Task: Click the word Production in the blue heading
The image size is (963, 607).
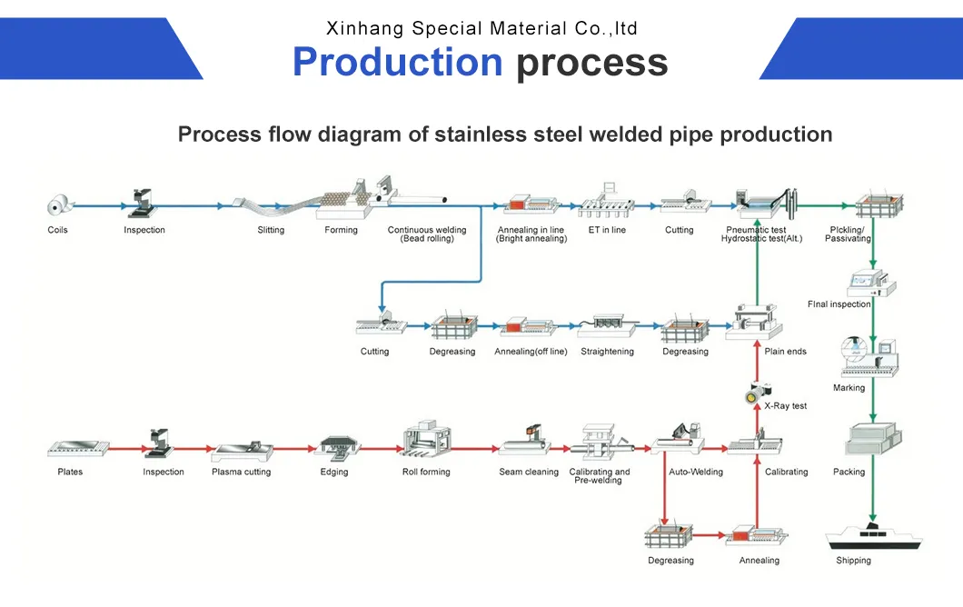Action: click(x=397, y=63)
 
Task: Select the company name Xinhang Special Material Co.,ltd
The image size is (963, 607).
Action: click(x=481, y=28)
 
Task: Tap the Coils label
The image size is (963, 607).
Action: click(x=58, y=230)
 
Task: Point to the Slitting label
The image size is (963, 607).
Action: click(x=271, y=230)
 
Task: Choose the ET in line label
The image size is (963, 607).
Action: click(x=607, y=230)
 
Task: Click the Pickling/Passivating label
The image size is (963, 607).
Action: click(x=848, y=234)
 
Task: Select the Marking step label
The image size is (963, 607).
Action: click(x=849, y=388)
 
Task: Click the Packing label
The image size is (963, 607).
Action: click(x=849, y=472)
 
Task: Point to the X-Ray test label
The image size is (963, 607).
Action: click(x=785, y=406)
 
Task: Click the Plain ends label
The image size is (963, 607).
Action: click(x=785, y=352)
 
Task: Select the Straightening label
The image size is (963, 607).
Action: click(x=608, y=352)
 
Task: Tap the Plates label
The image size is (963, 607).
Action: click(x=70, y=472)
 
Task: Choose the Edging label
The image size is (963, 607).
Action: click(x=334, y=472)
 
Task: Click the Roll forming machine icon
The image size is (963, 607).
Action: click(x=427, y=438)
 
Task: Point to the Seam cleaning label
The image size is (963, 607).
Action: click(x=529, y=472)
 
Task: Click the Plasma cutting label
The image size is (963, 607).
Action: click(x=242, y=472)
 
